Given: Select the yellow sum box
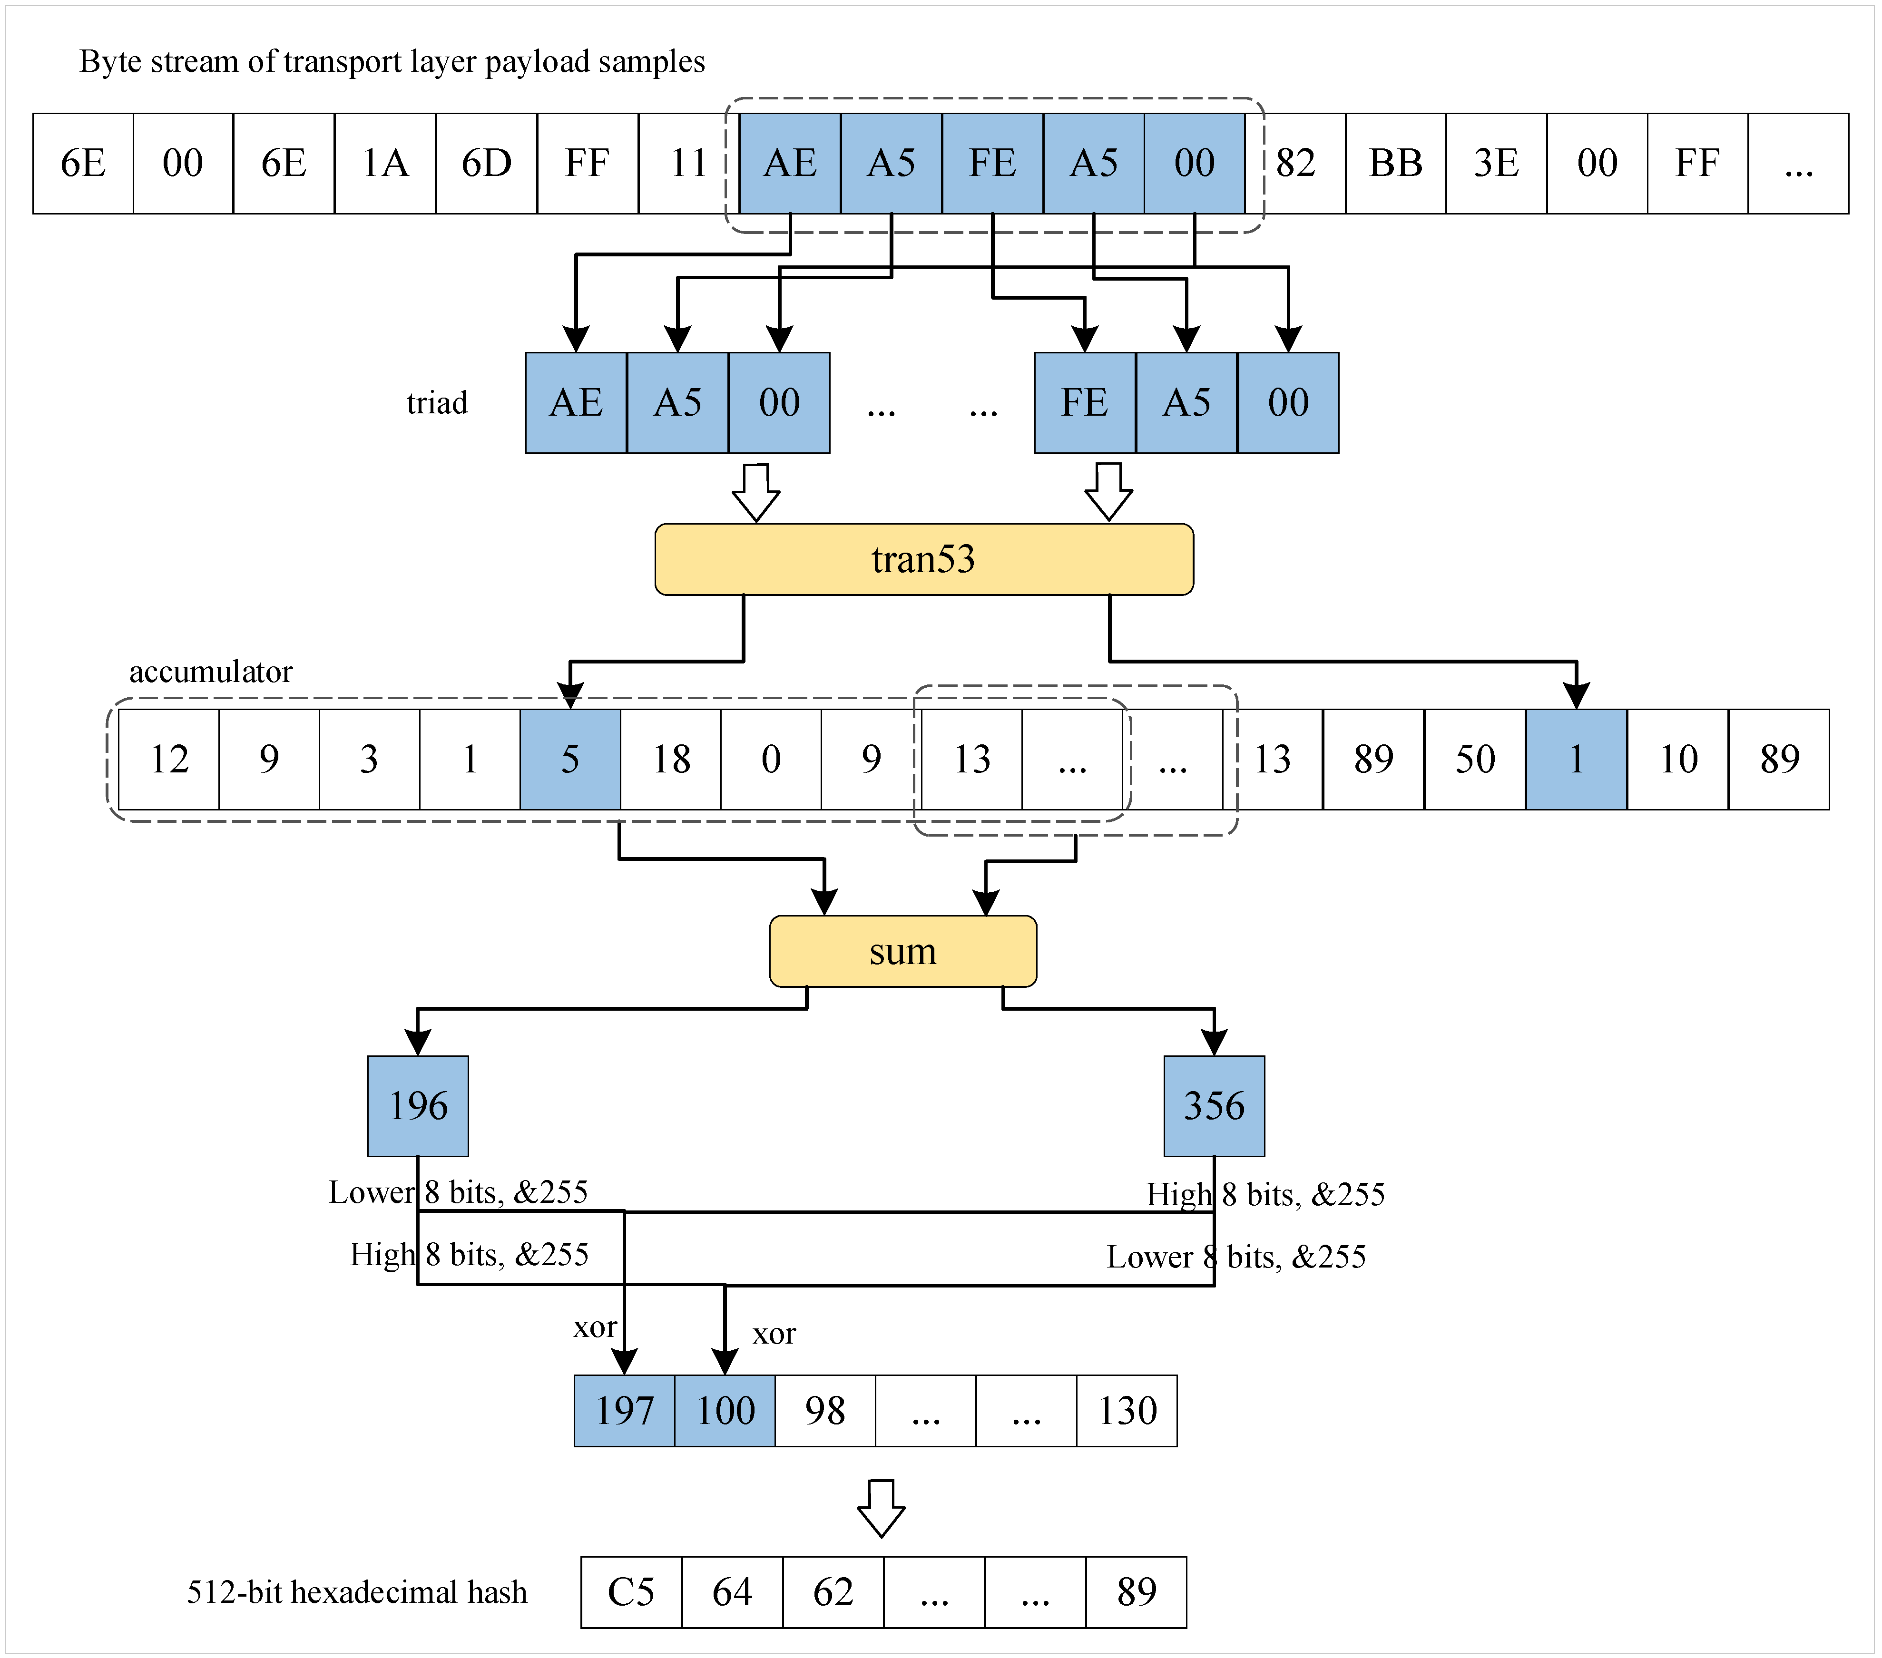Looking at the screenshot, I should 902,951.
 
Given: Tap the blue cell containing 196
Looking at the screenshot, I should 418,1106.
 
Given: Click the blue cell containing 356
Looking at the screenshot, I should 1214,1106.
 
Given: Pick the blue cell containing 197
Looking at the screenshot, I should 624,1410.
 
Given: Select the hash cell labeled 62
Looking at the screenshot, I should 833,1592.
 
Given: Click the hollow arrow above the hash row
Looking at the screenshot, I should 881,1508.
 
